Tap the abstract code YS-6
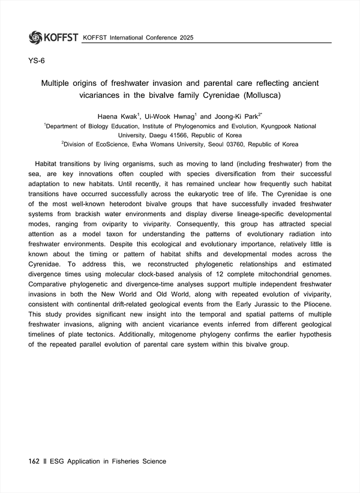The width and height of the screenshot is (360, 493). tap(37, 61)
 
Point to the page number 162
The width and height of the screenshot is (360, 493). tap(34, 461)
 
